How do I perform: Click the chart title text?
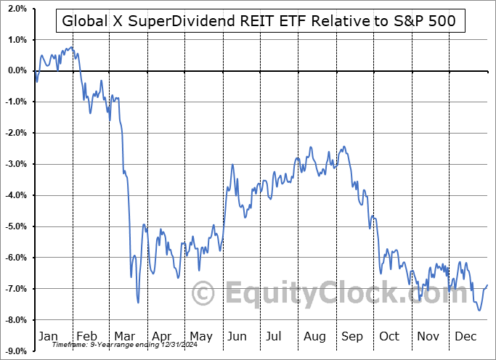(259, 21)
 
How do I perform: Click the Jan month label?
(49, 336)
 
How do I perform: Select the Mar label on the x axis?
(124, 336)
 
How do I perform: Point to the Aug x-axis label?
(314, 336)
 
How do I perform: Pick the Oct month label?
(390, 336)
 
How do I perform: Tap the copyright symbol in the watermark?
(203, 294)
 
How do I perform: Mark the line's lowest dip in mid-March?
(138, 302)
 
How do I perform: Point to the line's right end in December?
(487, 285)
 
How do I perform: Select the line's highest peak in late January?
(70, 48)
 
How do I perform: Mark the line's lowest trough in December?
(479, 310)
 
